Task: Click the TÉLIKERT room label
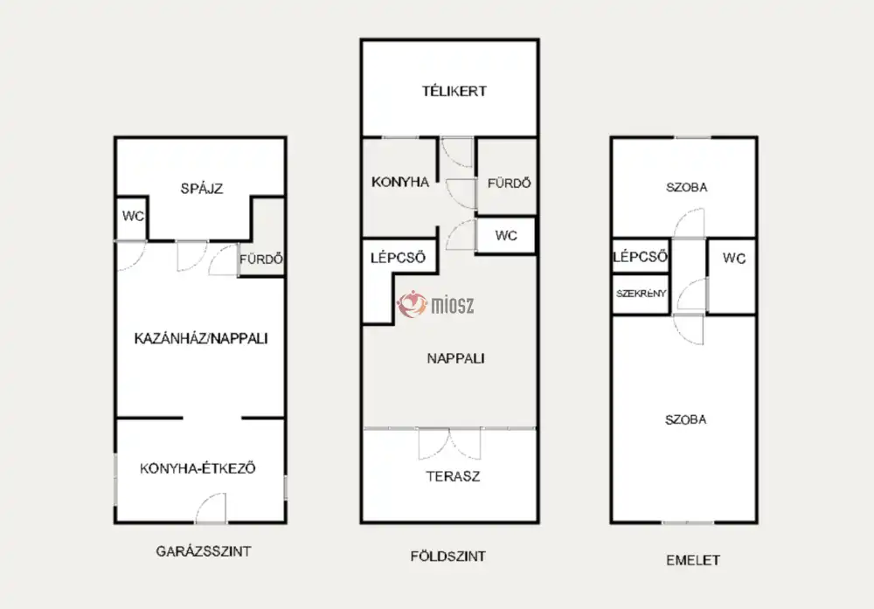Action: (x=454, y=91)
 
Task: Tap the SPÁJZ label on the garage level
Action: (x=202, y=189)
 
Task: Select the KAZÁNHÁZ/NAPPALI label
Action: (x=201, y=338)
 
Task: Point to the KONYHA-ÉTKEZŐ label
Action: (x=198, y=468)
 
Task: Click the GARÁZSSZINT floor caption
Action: (x=204, y=551)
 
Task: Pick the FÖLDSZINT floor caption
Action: (x=448, y=556)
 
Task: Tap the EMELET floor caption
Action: (x=693, y=560)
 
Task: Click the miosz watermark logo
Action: (x=435, y=304)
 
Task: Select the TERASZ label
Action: (x=453, y=476)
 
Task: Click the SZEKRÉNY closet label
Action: (x=641, y=293)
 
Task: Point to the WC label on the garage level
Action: (x=133, y=216)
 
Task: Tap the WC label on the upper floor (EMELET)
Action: (x=734, y=258)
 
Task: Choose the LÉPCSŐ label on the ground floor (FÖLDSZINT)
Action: (x=398, y=258)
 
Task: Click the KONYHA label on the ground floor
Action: (x=400, y=182)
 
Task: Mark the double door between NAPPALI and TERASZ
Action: (x=449, y=443)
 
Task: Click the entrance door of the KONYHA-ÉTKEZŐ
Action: (x=211, y=509)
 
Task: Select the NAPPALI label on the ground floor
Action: (x=455, y=358)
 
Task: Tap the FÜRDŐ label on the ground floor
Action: (x=509, y=183)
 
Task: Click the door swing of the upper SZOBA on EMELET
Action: (x=689, y=223)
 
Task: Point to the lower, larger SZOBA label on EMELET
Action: (x=685, y=419)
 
